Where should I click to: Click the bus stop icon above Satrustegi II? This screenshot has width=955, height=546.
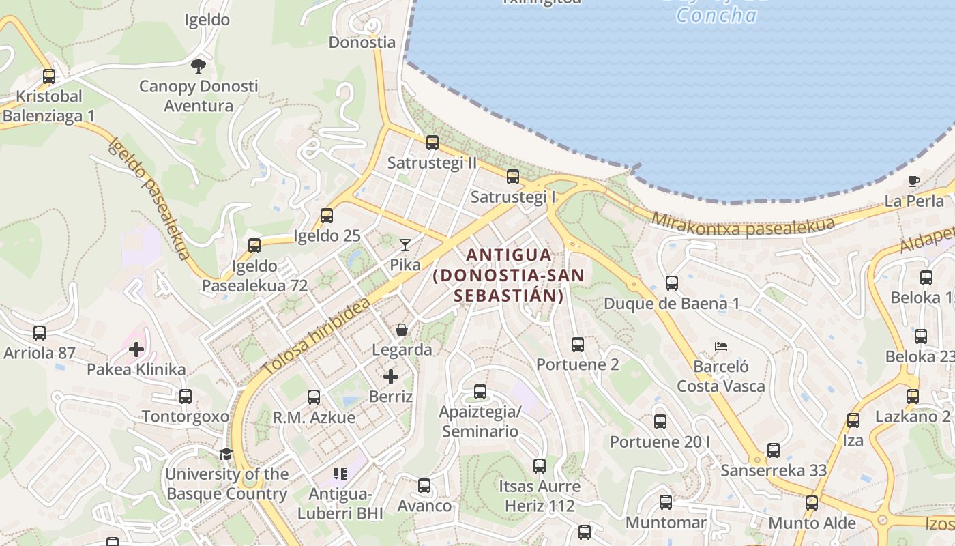click(432, 143)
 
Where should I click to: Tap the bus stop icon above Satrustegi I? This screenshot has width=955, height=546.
click(513, 177)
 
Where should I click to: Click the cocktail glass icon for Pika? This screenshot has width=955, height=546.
click(405, 244)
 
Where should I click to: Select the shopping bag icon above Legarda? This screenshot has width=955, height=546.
click(402, 330)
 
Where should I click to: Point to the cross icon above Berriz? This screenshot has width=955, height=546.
click(391, 376)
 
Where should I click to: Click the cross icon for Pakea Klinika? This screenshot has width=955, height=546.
click(136, 349)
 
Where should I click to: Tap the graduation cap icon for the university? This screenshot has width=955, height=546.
click(226, 454)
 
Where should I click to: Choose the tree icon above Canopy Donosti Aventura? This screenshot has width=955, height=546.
click(199, 66)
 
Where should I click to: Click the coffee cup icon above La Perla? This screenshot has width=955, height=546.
click(914, 181)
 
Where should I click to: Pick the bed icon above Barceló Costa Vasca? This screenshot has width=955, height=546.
click(720, 347)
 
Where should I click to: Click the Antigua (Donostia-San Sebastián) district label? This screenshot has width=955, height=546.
click(509, 275)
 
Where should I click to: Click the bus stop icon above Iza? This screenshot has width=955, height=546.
click(853, 420)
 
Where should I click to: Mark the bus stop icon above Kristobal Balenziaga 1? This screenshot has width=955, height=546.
click(49, 76)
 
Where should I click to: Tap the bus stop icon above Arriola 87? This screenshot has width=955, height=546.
click(40, 333)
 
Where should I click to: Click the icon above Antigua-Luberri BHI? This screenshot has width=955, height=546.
click(340, 473)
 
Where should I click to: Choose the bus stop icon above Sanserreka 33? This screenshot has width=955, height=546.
click(773, 450)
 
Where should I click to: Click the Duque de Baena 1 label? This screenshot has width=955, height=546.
click(671, 303)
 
